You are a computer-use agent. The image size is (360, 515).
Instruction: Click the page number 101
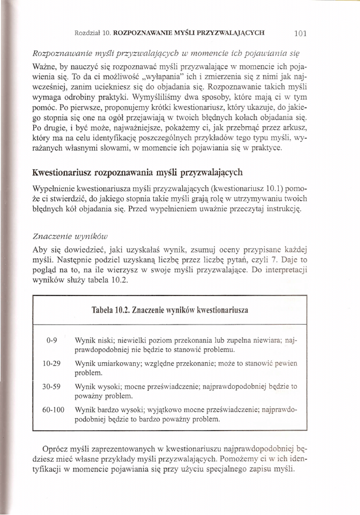pos(300,34)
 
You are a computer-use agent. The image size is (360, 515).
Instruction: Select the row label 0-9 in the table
pos(51,341)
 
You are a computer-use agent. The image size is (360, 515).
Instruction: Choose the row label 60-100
pos(54,409)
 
